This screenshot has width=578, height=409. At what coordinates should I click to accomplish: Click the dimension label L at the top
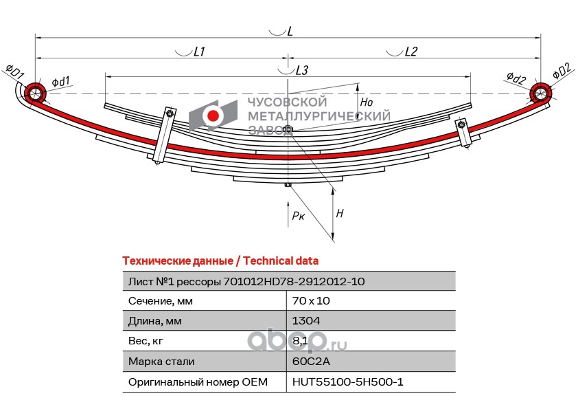click(x=290, y=31)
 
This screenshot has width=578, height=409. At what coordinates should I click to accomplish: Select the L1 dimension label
click(x=200, y=52)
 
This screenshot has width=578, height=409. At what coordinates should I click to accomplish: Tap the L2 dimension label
click(x=411, y=52)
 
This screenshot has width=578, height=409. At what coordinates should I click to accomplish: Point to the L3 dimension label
click(x=302, y=70)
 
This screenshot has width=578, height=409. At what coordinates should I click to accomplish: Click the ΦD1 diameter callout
click(x=14, y=71)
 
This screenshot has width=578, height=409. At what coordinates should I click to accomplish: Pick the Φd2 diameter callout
click(x=516, y=78)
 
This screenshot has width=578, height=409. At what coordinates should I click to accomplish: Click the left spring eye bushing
click(x=34, y=93)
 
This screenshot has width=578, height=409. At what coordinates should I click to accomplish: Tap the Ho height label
click(x=367, y=102)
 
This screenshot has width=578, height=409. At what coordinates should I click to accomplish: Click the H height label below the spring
click(x=340, y=213)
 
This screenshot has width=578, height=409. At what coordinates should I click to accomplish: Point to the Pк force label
click(x=298, y=216)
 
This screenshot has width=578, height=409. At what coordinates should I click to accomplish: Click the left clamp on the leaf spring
click(x=164, y=135)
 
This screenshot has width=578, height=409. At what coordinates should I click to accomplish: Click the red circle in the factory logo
click(x=213, y=115)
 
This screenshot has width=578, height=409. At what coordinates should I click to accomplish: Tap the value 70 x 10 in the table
click(x=311, y=301)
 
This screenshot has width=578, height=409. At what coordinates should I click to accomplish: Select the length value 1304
click(x=306, y=321)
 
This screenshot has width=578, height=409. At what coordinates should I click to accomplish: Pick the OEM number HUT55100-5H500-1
click(x=347, y=382)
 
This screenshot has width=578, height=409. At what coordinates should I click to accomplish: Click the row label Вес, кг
click(x=146, y=341)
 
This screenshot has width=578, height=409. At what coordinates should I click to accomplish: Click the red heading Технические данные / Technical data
click(x=220, y=261)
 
